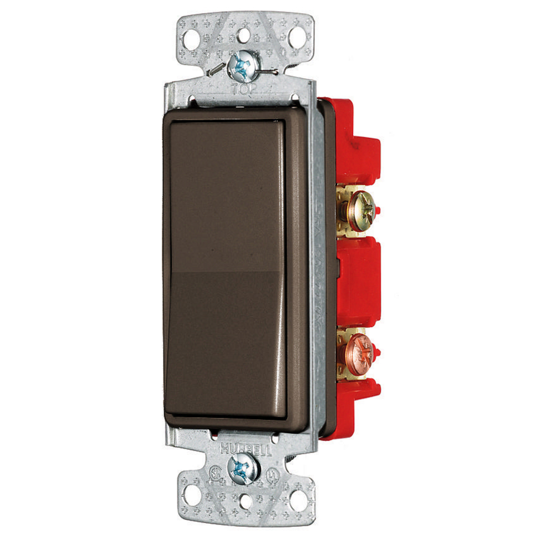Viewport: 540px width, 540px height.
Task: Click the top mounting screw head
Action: (244, 66)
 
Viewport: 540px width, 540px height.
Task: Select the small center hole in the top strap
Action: (244, 35)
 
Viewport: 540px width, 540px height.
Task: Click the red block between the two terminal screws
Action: (359, 279)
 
